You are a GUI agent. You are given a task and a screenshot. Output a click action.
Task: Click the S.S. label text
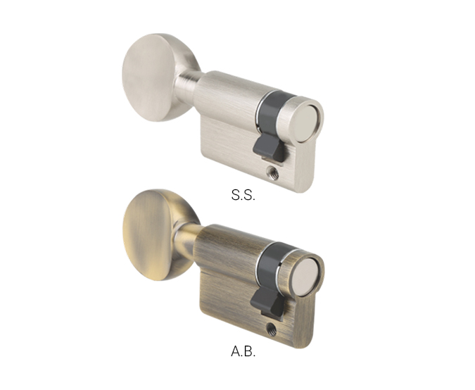(x=243, y=195)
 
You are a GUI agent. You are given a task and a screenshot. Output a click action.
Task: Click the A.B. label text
(x=243, y=351)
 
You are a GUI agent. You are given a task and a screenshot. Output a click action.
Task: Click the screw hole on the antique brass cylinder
(x=272, y=329)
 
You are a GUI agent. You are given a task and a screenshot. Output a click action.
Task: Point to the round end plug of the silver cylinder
(x=305, y=123)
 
